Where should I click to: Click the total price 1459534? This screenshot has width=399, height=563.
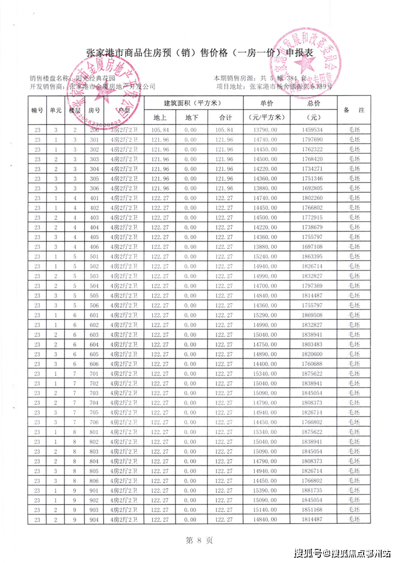coord(313,130)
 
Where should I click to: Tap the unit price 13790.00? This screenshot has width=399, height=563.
coord(267,130)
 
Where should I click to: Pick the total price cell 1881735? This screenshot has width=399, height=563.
coord(313,490)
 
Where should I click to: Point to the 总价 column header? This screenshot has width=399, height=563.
coord(313,103)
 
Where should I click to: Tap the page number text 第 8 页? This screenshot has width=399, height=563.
coord(199,538)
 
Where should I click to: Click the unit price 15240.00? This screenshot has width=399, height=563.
coord(267,256)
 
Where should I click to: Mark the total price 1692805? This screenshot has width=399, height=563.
coord(313,188)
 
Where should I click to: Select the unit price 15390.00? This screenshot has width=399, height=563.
coord(267,490)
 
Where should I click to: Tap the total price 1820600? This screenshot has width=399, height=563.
coord(313,354)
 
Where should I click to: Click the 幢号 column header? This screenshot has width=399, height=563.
coord(38,110)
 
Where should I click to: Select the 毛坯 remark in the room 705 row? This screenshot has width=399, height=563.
coord(355,413)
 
